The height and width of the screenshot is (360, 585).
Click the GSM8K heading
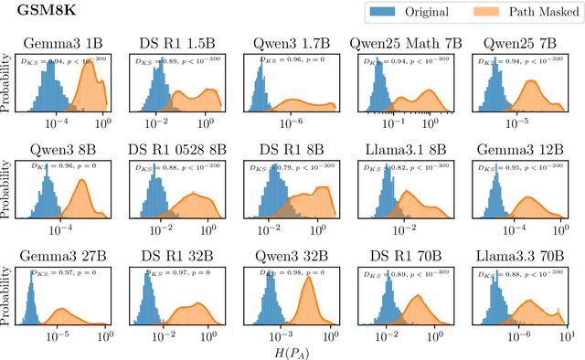click(x=37, y=14)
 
